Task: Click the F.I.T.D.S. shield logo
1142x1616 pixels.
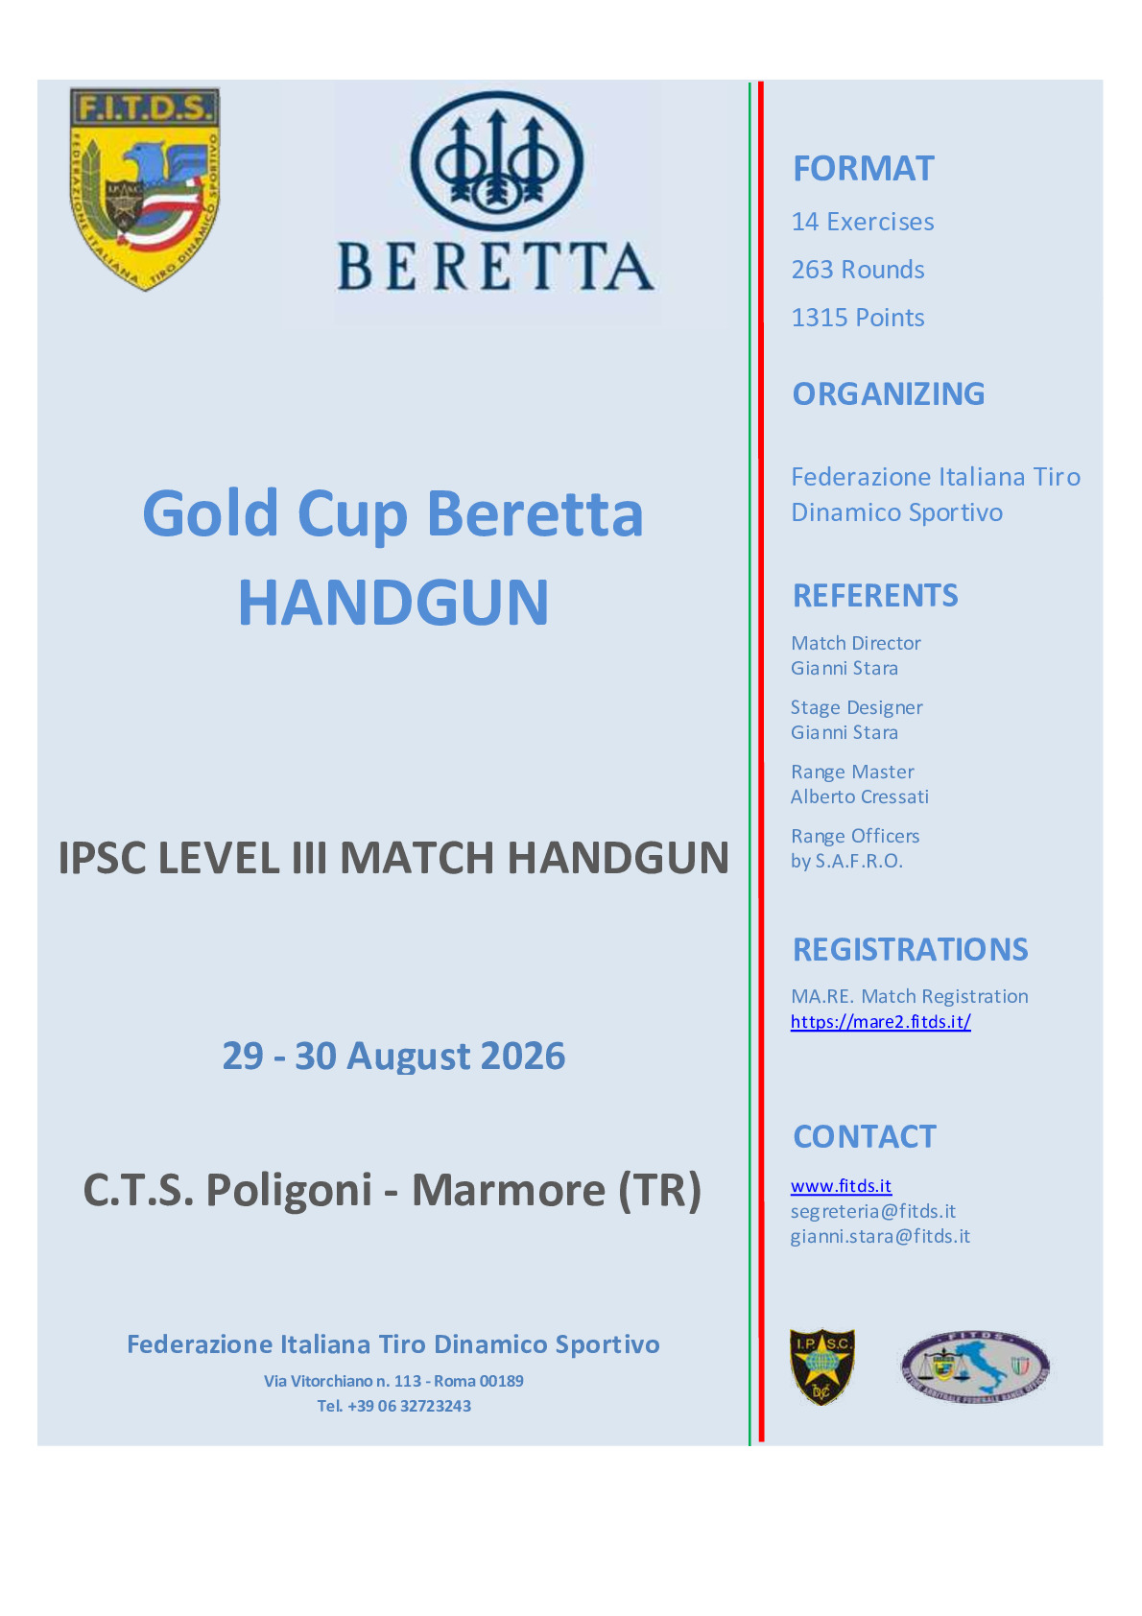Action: (x=145, y=189)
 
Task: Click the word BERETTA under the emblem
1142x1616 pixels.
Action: (x=496, y=266)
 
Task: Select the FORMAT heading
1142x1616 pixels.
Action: (x=863, y=169)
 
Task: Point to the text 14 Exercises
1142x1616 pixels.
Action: (x=862, y=222)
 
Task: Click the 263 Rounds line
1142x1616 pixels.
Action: (x=858, y=270)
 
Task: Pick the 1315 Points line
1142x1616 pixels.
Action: (x=858, y=318)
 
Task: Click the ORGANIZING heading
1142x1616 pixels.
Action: (x=888, y=393)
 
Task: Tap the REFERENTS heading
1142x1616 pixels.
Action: (x=875, y=596)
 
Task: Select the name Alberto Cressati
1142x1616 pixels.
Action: (x=859, y=796)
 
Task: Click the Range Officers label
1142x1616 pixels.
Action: (x=855, y=836)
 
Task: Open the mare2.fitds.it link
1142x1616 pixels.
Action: (x=880, y=1022)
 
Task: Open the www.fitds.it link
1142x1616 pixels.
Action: (x=841, y=1186)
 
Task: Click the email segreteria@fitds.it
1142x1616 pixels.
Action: (x=873, y=1211)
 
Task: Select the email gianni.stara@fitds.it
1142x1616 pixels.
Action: (x=880, y=1237)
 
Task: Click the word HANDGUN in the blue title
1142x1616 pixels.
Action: (x=393, y=603)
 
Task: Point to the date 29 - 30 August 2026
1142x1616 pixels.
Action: (x=393, y=1057)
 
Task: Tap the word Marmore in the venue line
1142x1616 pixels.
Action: (x=508, y=1190)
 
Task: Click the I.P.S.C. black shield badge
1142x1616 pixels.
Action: (x=822, y=1366)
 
